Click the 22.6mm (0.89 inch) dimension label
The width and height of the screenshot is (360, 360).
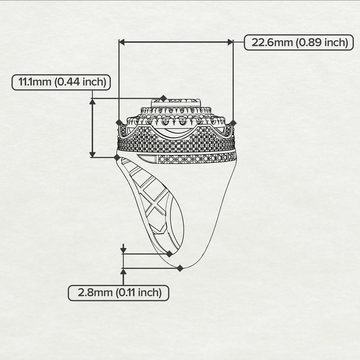[x=300, y=43]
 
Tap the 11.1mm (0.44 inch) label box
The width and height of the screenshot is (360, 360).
[x=61, y=82]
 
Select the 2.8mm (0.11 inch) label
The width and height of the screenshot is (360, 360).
[x=119, y=293]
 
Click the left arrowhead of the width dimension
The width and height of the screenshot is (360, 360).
[x=122, y=42]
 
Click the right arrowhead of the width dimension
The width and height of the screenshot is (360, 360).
[x=230, y=42]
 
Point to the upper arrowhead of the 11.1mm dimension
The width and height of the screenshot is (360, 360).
[x=92, y=102]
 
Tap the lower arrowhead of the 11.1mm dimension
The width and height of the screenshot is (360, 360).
[x=92, y=154]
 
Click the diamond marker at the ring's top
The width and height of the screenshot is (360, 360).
[x=163, y=98]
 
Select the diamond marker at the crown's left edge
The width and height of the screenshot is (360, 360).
[x=119, y=123]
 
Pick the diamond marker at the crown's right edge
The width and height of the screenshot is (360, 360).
[x=233, y=123]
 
